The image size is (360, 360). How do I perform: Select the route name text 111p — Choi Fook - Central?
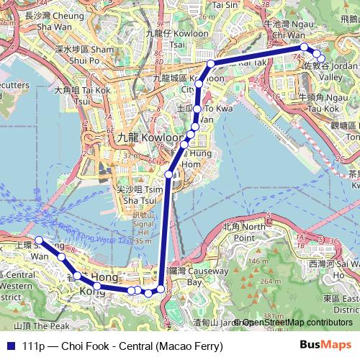(123, 346)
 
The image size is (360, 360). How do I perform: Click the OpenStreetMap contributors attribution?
(296, 323)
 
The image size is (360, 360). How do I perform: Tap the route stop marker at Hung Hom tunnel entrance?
(169, 174)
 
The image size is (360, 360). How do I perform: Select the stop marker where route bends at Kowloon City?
(210, 64)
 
